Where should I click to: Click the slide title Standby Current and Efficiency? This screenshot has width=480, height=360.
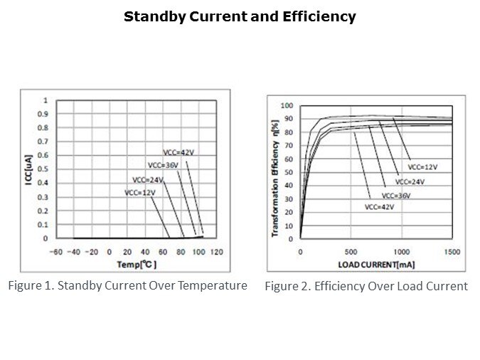coord(240,16)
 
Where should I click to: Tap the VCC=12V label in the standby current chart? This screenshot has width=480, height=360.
coord(139,192)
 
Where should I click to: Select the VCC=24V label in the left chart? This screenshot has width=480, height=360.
coord(147,179)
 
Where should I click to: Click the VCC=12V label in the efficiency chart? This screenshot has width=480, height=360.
coord(422,166)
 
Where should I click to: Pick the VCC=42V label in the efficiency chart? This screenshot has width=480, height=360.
coord(379,207)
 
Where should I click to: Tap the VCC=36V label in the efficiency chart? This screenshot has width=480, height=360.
coord(396,195)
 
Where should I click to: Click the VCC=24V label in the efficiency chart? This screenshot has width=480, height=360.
coord(410,181)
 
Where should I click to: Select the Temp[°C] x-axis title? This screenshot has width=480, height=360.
coord(137,265)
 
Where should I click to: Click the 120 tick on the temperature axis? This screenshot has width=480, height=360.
coord(218,252)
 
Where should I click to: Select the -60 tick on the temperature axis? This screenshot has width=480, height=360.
coord(55,252)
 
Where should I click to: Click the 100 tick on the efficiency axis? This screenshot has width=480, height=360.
coord(287,106)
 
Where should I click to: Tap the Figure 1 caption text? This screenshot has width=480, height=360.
coord(127,286)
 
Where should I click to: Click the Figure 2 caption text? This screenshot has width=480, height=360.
coord(366,287)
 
